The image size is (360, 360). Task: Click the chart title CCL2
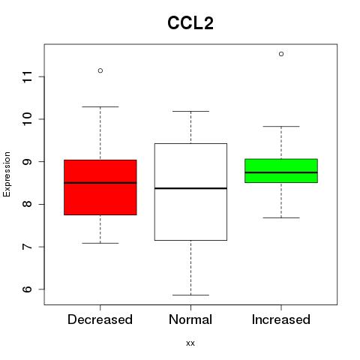tap(190, 23)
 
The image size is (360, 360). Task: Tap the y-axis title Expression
tap(7, 174)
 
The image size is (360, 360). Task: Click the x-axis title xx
tap(190, 343)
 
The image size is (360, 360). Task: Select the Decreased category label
tap(100, 319)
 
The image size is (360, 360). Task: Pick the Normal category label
tap(190, 319)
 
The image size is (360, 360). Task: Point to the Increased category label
tap(281, 319)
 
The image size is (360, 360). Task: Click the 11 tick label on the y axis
tap(28, 76)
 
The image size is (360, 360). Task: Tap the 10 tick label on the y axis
tap(28, 119)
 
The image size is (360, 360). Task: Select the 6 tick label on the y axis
tap(28, 289)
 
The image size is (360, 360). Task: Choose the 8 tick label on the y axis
tap(28, 204)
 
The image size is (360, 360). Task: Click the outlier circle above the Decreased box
tap(100, 70)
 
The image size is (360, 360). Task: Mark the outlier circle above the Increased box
tap(281, 54)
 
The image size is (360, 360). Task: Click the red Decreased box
tap(100, 187)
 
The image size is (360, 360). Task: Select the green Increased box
tap(281, 171)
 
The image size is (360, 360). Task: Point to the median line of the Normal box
tap(190, 188)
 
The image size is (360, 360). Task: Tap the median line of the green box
tap(281, 172)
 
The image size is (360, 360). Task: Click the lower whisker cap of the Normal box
tap(190, 295)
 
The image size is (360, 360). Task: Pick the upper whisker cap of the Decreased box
tap(100, 106)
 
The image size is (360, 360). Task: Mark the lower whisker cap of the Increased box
tap(281, 217)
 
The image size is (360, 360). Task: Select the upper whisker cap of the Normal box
tap(190, 111)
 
